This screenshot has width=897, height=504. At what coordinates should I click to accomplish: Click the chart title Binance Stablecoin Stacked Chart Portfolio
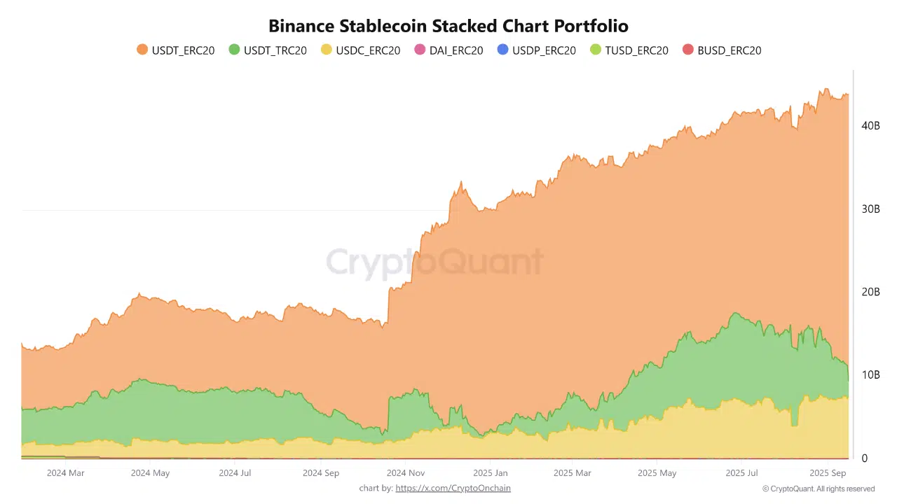[448, 26]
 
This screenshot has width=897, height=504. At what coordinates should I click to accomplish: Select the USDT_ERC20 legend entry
[176, 50]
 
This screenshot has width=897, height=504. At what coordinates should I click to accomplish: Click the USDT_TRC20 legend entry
[268, 50]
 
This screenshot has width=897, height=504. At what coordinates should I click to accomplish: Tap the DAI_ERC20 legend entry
[448, 50]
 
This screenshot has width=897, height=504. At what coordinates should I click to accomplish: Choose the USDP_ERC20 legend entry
[536, 50]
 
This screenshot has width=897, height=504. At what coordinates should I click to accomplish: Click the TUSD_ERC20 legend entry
[629, 50]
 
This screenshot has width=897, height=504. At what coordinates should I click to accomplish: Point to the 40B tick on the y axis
[870, 125]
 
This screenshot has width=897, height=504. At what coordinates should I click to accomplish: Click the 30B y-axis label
[870, 209]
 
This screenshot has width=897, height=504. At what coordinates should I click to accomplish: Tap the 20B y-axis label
[870, 292]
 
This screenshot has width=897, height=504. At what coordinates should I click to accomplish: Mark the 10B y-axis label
[870, 375]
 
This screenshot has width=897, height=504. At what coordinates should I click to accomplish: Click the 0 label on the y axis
[865, 458]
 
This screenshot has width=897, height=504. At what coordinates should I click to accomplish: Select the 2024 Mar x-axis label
[65, 473]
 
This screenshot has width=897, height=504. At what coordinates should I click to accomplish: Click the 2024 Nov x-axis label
[406, 473]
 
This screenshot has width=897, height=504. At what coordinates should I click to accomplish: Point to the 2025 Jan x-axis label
[491, 473]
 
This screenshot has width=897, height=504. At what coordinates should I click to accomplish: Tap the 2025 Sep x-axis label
[828, 473]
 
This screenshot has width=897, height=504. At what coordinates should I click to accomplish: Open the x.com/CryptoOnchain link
[453, 488]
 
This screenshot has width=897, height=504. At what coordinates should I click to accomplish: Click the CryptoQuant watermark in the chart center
[434, 262]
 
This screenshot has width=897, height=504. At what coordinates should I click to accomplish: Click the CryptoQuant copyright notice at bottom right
[819, 489]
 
